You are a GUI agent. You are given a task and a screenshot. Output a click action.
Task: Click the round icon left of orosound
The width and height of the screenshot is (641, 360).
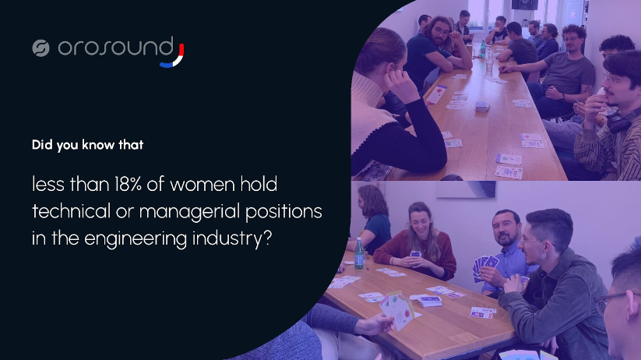pos(41,48)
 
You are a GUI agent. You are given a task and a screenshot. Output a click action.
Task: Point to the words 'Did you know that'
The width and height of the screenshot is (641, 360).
pos(77,144)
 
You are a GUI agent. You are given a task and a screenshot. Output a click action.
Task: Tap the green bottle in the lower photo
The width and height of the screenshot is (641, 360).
pos(359,253)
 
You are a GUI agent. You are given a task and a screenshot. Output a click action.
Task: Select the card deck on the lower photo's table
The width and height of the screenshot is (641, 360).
pos(429,300)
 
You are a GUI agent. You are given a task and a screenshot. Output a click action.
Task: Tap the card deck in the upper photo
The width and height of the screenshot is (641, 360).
pos(481,106)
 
